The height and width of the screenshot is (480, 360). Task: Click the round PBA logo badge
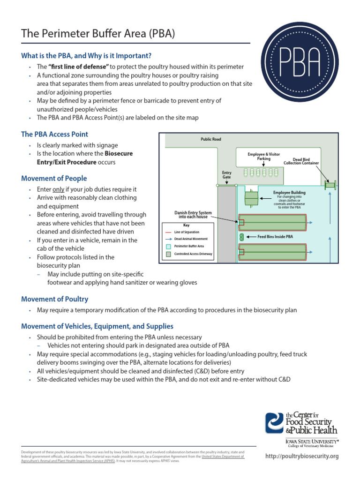coord(300,62)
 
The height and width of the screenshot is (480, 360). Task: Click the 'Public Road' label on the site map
coord(210,139)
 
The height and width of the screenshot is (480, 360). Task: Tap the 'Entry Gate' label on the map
coord(226,175)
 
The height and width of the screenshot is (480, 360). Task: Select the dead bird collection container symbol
coord(330,185)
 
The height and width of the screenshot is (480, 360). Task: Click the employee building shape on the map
coord(251,198)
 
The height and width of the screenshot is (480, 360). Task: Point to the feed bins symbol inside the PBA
coord(242,237)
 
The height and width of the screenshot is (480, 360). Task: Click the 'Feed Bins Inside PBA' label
coord(275,237)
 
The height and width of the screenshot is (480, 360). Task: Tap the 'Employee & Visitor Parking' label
coord(263,156)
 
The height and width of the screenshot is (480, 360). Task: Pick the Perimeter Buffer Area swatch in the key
coord(168,247)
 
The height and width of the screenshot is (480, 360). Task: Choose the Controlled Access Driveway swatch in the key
coord(168,254)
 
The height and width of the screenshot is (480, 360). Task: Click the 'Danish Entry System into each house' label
coord(193,215)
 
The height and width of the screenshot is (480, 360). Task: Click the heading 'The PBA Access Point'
coord(54,134)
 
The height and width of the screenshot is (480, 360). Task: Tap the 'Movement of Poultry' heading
coord(54,299)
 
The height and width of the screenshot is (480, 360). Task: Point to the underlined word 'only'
coord(58,189)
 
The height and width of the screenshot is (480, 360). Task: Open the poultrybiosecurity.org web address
coord(301,456)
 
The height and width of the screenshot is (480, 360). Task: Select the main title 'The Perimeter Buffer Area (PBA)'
coord(98,34)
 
